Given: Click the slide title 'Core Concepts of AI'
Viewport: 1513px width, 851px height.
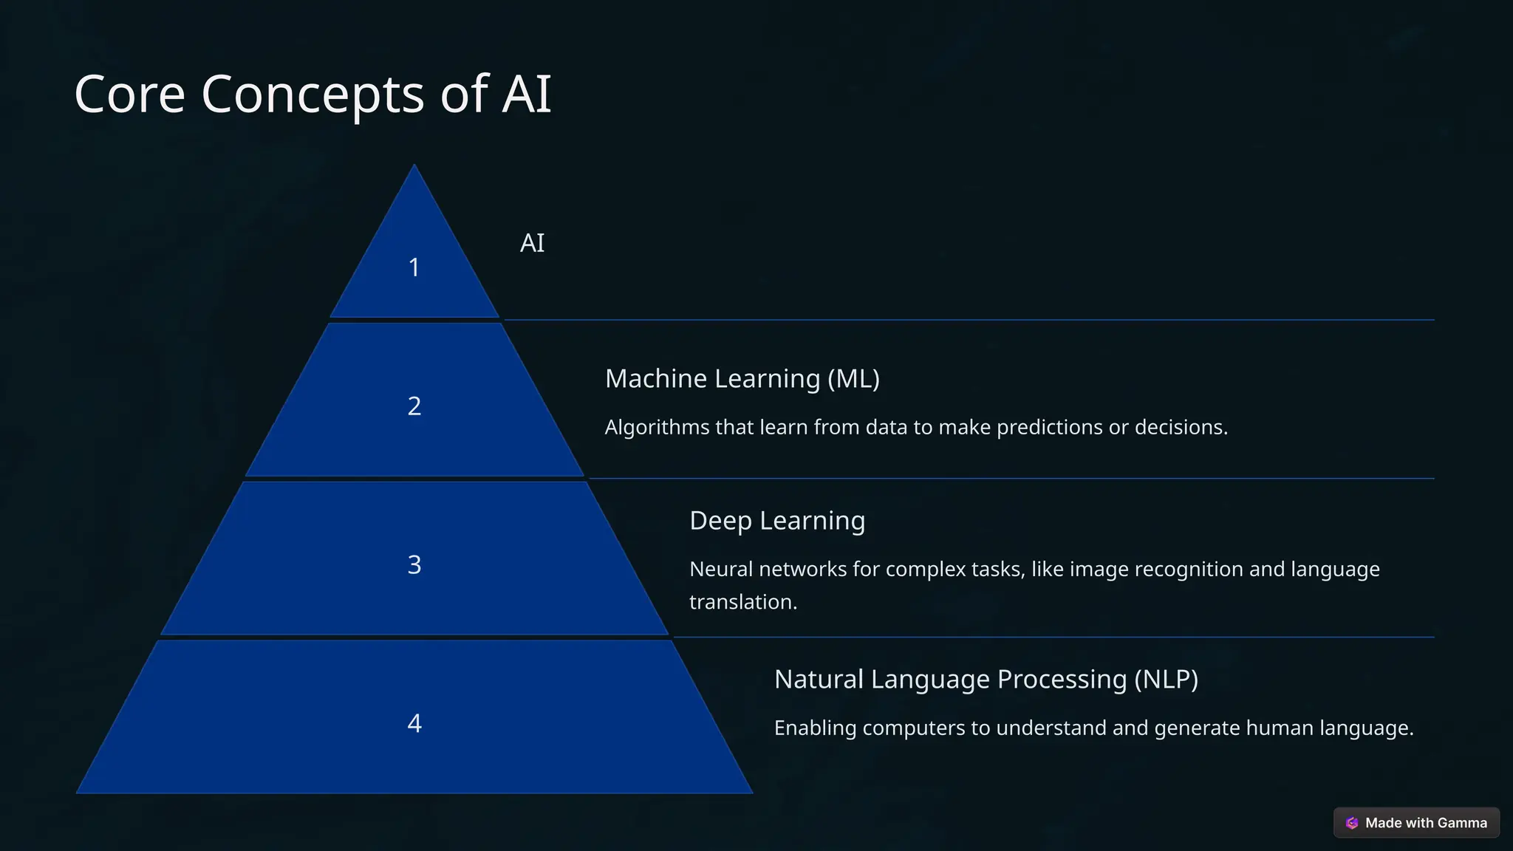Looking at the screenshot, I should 312,95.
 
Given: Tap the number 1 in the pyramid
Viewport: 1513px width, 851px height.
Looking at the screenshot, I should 414,267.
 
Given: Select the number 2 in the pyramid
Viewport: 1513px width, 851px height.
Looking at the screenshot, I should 414,406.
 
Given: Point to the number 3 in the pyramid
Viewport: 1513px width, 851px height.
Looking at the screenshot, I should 414,565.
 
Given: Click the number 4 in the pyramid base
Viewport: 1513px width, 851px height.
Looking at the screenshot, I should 414,723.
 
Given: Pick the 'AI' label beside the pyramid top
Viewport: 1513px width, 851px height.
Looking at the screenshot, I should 532,243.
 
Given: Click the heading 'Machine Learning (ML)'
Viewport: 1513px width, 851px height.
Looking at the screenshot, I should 742,379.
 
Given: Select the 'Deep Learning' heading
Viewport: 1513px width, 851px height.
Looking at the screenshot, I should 776,521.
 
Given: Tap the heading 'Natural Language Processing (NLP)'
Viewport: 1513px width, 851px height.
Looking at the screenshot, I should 986,680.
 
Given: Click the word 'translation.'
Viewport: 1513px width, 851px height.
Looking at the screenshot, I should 742,602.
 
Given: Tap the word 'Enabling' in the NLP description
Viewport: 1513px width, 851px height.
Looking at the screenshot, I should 815,728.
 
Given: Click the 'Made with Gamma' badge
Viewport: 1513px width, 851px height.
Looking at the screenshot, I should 1416,823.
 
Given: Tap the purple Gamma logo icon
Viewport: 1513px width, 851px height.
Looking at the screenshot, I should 1352,823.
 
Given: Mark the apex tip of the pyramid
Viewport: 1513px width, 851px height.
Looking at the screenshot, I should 414,166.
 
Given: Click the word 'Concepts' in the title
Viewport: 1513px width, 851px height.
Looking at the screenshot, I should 312,95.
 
